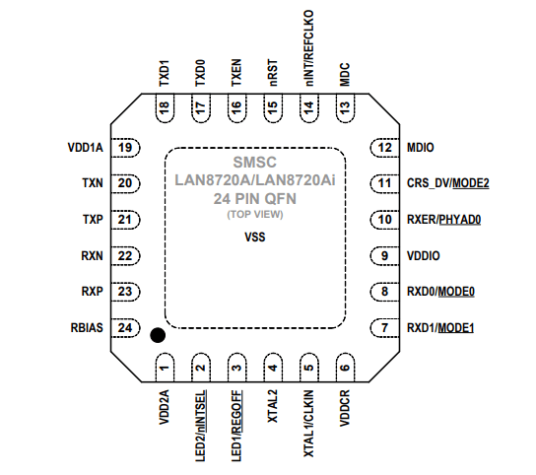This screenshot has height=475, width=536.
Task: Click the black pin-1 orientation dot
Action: point(157,336)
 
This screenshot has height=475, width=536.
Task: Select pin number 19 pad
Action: point(125,148)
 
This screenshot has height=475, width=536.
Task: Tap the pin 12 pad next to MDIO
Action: point(381,148)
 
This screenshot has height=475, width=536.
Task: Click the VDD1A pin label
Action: point(85,148)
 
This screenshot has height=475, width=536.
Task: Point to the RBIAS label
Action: point(86,327)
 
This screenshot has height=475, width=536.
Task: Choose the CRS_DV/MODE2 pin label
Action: point(447,183)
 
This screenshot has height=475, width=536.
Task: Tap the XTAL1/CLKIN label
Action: point(308,418)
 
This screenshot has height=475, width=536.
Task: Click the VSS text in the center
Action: point(254,237)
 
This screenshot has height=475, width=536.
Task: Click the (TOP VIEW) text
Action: point(254,214)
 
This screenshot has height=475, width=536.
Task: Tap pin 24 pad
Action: point(125,327)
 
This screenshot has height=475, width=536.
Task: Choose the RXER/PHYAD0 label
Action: point(443,220)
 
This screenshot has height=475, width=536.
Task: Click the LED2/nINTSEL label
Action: point(201,426)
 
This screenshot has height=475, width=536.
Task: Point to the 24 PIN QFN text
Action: point(254,198)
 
